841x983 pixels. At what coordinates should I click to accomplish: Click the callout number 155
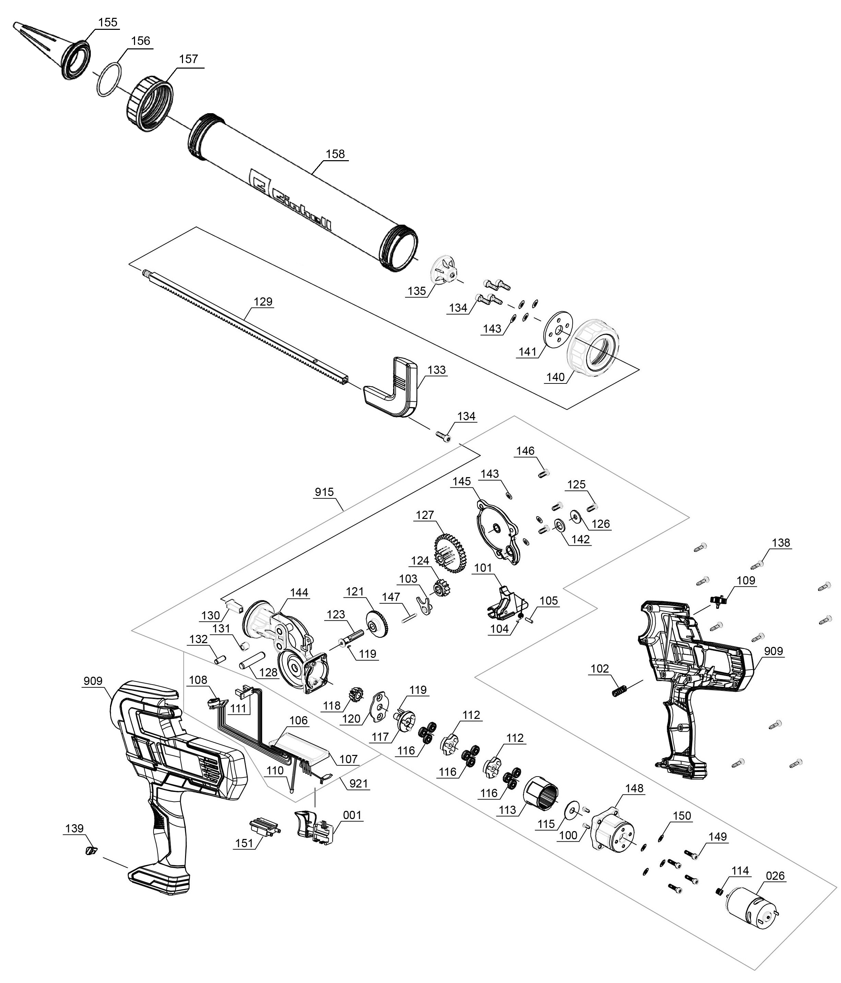108,22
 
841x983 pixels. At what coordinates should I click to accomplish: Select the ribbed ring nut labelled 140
594,348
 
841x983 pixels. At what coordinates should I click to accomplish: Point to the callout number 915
324,492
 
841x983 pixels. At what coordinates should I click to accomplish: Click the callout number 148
634,788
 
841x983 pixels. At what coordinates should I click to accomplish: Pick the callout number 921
358,783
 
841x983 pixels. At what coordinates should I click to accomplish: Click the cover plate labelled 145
498,532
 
